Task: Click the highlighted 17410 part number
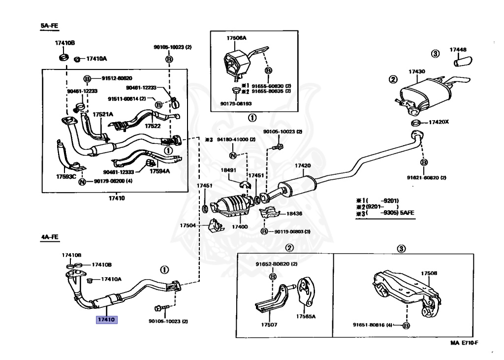click(106, 320)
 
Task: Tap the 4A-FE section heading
click(49, 237)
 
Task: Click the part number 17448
click(458, 50)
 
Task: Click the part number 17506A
click(236, 38)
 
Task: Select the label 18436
click(294, 214)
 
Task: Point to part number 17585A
click(306, 317)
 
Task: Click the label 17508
click(428, 273)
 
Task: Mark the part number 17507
click(269, 325)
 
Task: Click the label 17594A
click(159, 171)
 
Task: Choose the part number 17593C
click(66, 176)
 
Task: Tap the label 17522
click(153, 126)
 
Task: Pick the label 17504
click(188, 225)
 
